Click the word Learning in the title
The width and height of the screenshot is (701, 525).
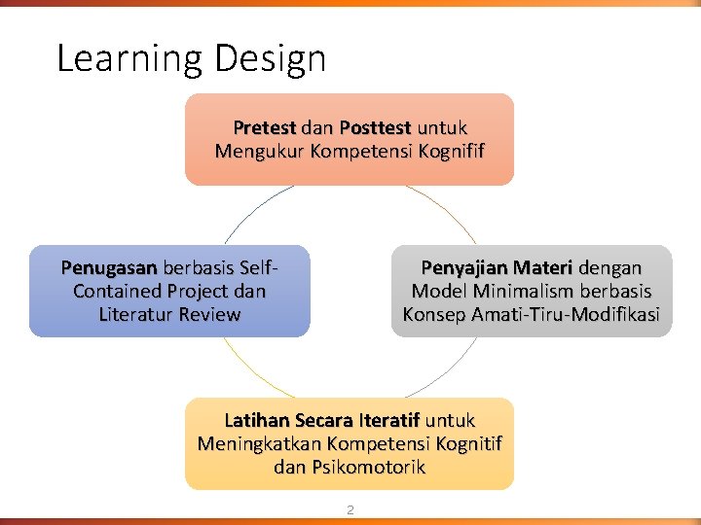click(129, 59)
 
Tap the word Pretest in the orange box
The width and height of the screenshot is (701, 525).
click(264, 127)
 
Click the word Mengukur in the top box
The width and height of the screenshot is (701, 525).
click(255, 151)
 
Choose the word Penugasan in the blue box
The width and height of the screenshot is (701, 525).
click(109, 267)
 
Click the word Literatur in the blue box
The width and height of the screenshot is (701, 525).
click(138, 314)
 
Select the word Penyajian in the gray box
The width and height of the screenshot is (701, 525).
click(462, 267)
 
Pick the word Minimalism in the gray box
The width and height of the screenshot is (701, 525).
click(520, 291)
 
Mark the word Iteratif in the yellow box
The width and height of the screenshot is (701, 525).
click(388, 420)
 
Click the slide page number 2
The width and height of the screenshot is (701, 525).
click(350, 508)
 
